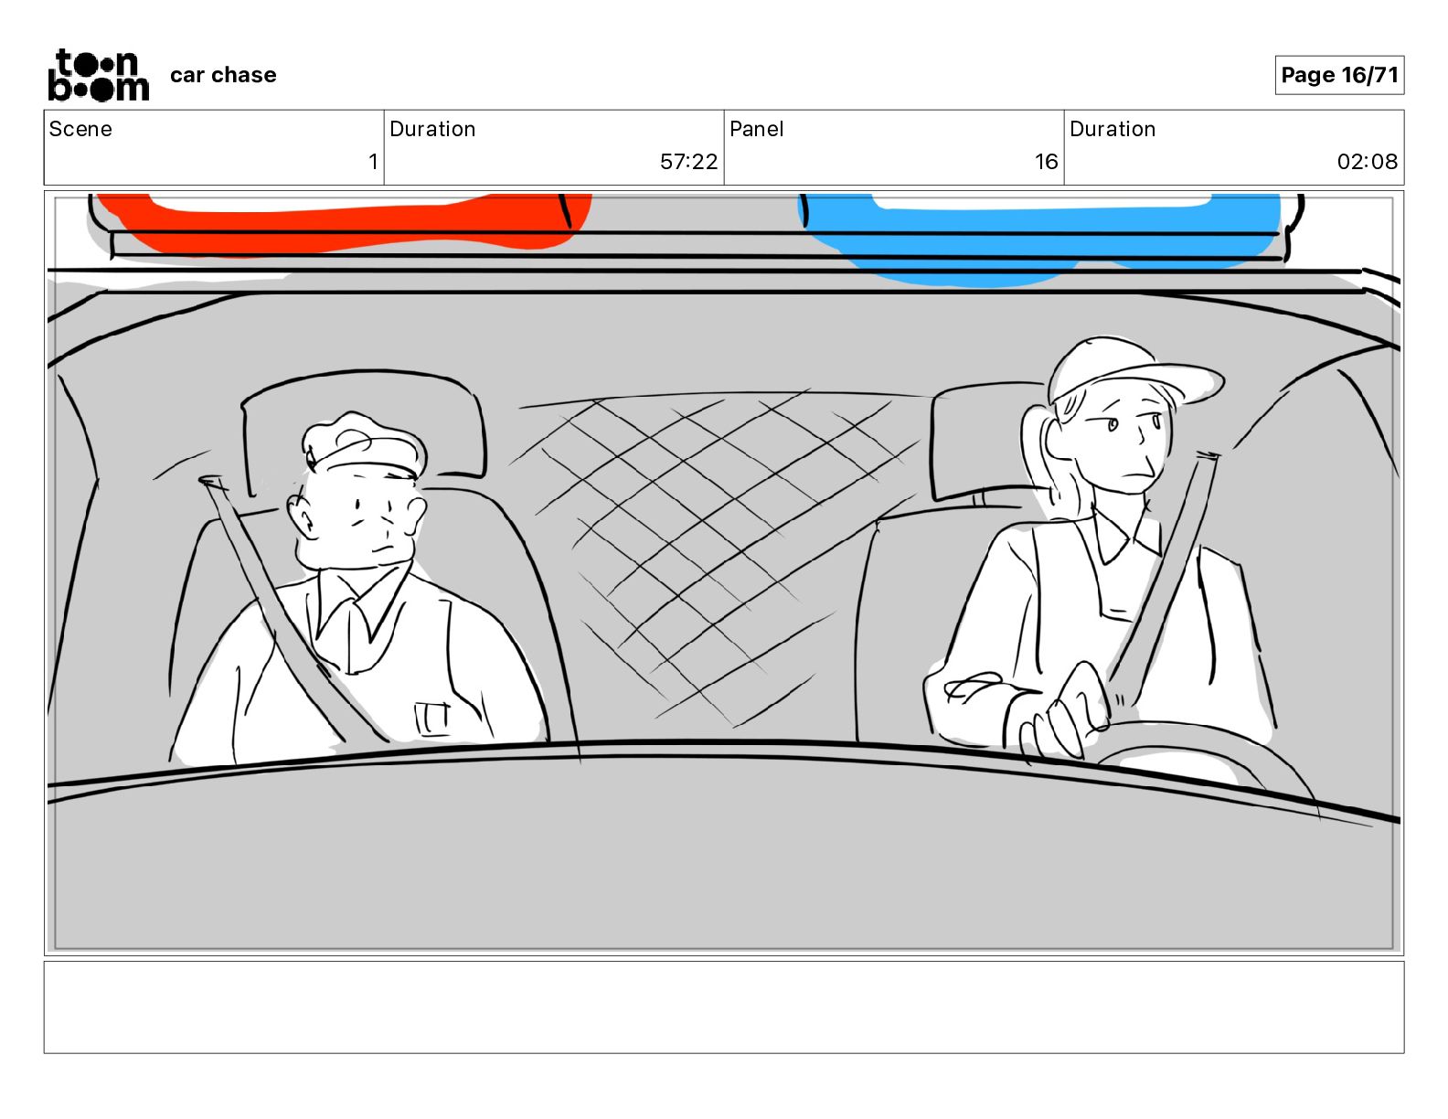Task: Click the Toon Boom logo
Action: click(x=99, y=75)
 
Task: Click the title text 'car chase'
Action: click(x=223, y=75)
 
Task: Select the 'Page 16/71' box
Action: click(x=1339, y=75)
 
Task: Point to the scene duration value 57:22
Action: click(x=688, y=161)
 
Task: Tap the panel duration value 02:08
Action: click(x=1368, y=161)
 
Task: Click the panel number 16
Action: click(x=1046, y=161)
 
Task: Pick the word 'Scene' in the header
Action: click(x=80, y=129)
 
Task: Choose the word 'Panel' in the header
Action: click(x=756, y=129)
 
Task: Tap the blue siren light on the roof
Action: click(x=1039, y=237)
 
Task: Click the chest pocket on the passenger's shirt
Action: click(x=432, y=719)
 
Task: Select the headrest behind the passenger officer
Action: click(x=363, y=427)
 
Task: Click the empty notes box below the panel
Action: click(x=724, y=1007)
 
